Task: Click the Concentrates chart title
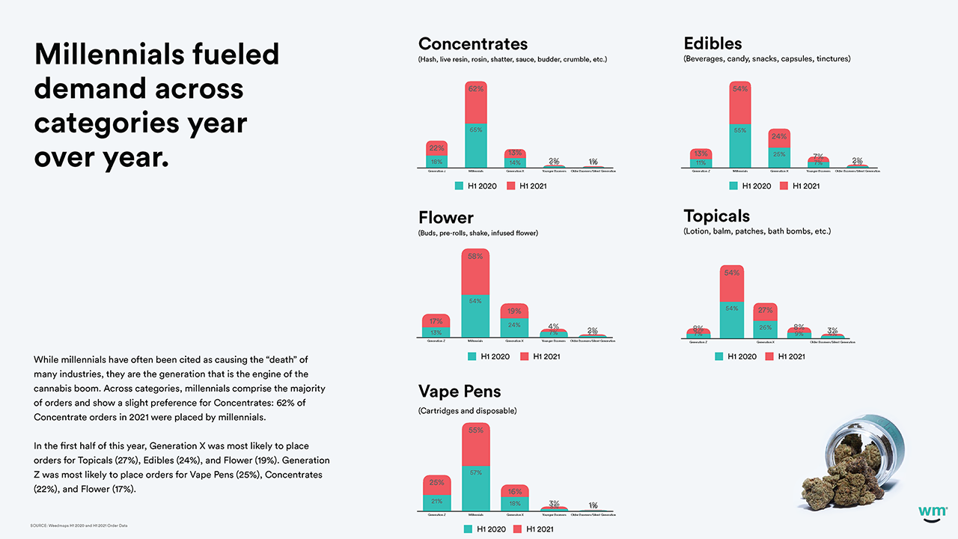pyautogui.click(x=472, y=43)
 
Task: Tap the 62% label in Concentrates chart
pyautogui.click(x=475, y=89)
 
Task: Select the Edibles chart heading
pyautogui.click(x=713, y=43)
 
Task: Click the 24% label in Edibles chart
pyautogui.click(x=779, y=137)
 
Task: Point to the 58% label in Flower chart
pyautogui.click(x=475, y=256)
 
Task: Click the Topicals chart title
pyautogui.click(x=716, y=216)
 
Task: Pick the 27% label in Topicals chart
pyautogui.click(x=765, y=311)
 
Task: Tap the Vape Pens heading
pyautogui.click(x=460, y=391)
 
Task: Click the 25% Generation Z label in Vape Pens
pyautogui.click(x=436, y=483)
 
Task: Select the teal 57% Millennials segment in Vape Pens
pyautogui.click(x=475, y=487)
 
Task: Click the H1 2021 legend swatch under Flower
pyautogui.click(x=525, y=356)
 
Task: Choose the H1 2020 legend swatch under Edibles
pyautogui.click(x=733, y=186)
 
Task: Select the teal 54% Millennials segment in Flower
pyautogui.click(x=475, y=315)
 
